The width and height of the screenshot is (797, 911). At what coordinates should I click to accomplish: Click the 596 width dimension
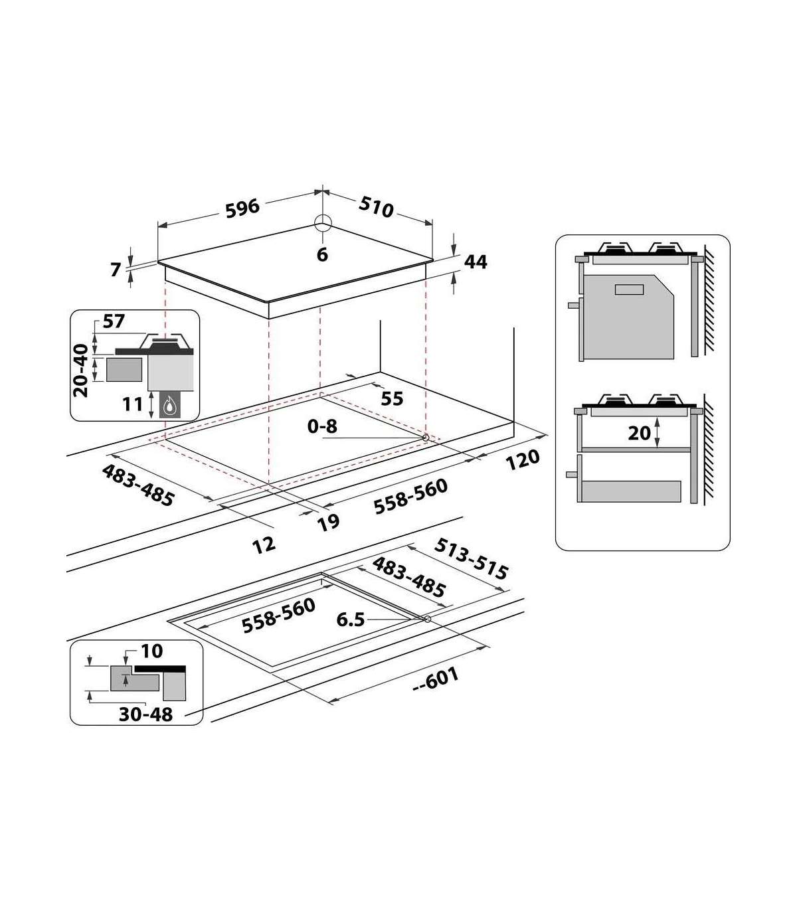click(242, 208)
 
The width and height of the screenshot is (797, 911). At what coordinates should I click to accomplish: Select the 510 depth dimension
click(376, 207)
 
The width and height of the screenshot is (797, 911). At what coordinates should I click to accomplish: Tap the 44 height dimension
click(476, 262)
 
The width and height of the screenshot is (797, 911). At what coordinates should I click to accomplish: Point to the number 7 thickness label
click(116, 270)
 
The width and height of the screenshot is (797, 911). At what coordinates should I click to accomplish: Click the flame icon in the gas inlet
click(169, 406)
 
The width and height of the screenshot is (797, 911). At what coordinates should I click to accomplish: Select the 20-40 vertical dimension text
click(81, 371)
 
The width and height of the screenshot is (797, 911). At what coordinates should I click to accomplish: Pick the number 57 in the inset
click(114, 321)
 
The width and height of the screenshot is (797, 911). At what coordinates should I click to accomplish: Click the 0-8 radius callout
click(322, 426)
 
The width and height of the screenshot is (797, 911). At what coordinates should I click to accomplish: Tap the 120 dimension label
click(522, 460)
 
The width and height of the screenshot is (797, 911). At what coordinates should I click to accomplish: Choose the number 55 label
click(392, 399)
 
